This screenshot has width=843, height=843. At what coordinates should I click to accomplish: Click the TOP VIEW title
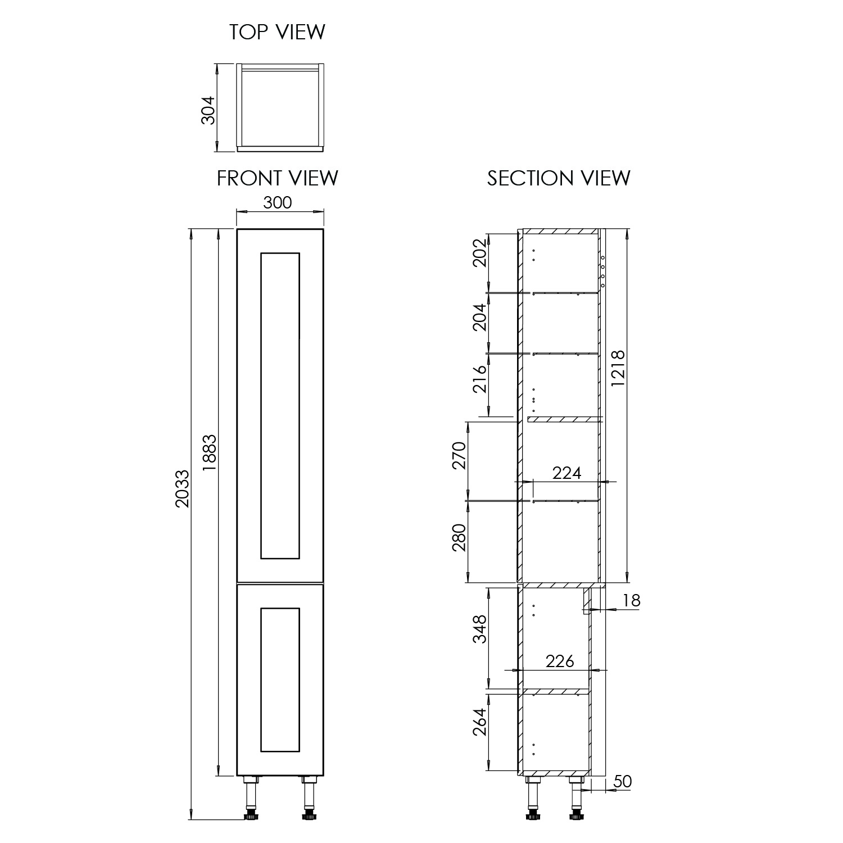pyautogui.click(x=277, y=32)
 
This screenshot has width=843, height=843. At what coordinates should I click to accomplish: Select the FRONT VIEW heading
pyautogui.click(x=278, y=178)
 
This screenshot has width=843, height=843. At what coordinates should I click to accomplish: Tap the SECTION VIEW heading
pyautogui.click(x=559, y=178)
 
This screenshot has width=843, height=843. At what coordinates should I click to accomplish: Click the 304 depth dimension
pyautogui.click(x=207, y=110)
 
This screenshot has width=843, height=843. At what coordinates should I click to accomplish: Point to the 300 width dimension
pyautogui.click(x=278, y=202)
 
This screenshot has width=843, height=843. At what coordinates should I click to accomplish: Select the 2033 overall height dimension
pyautogui.click(x=182, y=489)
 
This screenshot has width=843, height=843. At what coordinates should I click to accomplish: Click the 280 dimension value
pyautogui.click(x=459, y=538)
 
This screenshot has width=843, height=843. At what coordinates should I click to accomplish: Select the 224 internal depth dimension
pyautogui.click(x=566, y=473)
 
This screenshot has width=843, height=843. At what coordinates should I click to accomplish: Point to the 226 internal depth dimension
pyautogui.click(x=560, y=661)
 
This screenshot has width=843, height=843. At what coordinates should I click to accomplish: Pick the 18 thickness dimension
pyautogui.click(x=632, y=600)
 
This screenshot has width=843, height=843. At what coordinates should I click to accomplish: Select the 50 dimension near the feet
pyautogui.click(x=622, y=781)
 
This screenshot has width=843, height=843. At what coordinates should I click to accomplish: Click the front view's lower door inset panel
pyautogui.click(x=280, y=679)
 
